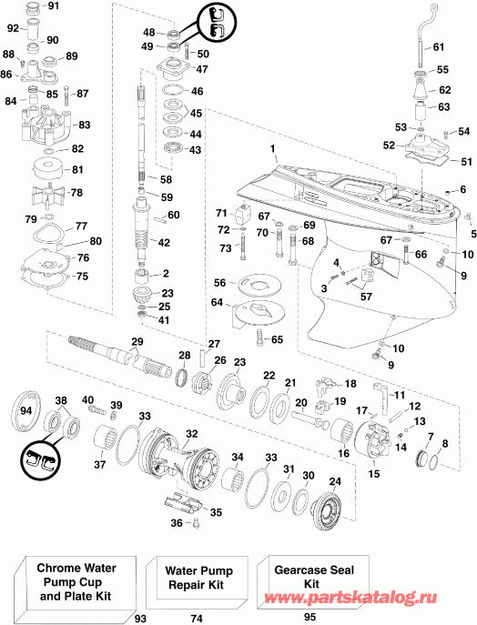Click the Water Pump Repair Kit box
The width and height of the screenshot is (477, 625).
pos(195,580)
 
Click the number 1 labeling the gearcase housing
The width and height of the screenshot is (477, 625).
pos(270,146)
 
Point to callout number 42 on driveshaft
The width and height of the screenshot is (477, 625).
pos(165,242)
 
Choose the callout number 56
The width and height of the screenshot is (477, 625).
pos(220,284)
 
